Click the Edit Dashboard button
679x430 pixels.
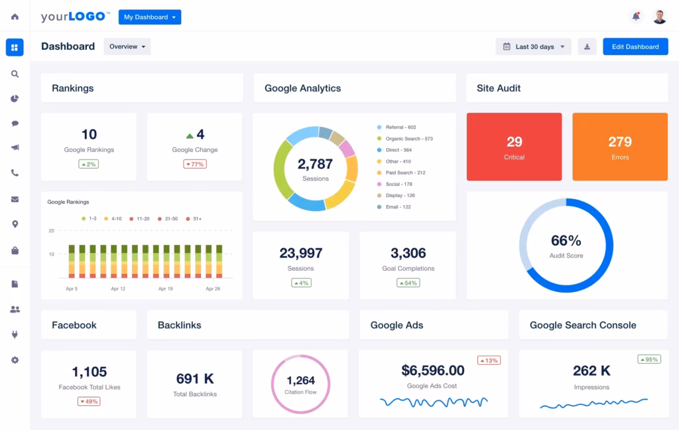tap(635, 46)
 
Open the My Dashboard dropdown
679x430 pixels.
tap(149, 17)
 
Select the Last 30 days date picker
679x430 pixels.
tap(533, 46)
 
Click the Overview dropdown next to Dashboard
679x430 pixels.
tap(127, 46)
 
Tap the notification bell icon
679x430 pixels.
tap(636, 17)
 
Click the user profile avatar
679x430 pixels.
tap(659, 17)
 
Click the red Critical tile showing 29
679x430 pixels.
tap(514, 147)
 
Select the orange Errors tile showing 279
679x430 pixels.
tap(620, 147)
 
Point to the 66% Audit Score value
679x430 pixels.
tap(566, 241)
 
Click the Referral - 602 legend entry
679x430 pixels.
tap(401, 127)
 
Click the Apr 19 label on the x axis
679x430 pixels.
tap(165, 289)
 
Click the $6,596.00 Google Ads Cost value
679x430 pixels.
tap(433, 370)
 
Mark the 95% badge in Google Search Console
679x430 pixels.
tap(648, 359)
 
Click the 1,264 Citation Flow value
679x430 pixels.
tap(300, 381)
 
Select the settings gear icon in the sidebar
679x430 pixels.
tap(15, 360)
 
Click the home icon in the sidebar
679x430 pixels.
tap(15, 17)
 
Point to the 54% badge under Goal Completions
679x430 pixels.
tap(408, 283)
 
